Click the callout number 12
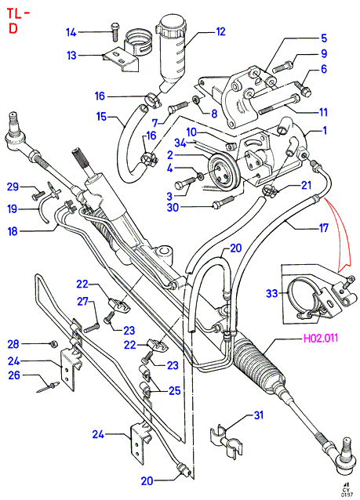tap(220, 31)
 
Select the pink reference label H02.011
tap(320, 338)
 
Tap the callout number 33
tap(272, 293)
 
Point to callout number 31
tap(258, 415)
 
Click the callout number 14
tap(71, 32)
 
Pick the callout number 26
tap(14, 375)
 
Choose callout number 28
tap(13, 344)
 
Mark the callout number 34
tap(180, 143)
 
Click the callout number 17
tap(323, 228)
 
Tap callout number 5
tap(324, 38)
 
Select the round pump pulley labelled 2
tap(221, 174)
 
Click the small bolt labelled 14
tap(115, 31)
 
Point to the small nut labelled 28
tap(54, 344)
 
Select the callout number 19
tap(12, 209)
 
